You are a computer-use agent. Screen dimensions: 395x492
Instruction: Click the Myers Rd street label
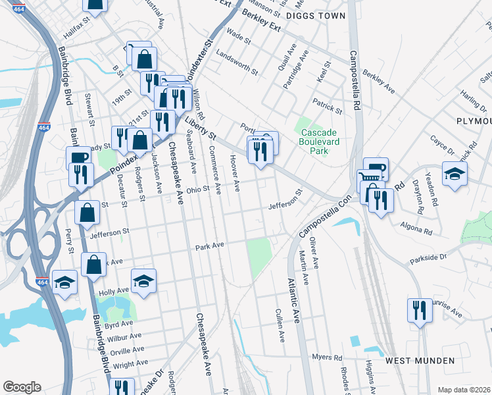(x=328, y=357)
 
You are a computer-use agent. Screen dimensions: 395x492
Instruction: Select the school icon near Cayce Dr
(x=455, y=174)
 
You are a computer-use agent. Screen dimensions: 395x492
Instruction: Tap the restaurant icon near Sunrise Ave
(x=419, y=309)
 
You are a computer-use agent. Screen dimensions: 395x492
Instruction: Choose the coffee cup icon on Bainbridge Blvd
(x=78, y=159)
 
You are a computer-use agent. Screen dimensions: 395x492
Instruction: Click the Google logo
(x=22, y=387)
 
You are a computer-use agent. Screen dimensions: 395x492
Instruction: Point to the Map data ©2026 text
(x=464, y=390)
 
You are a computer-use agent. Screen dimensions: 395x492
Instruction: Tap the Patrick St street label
(x=328, y=105)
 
